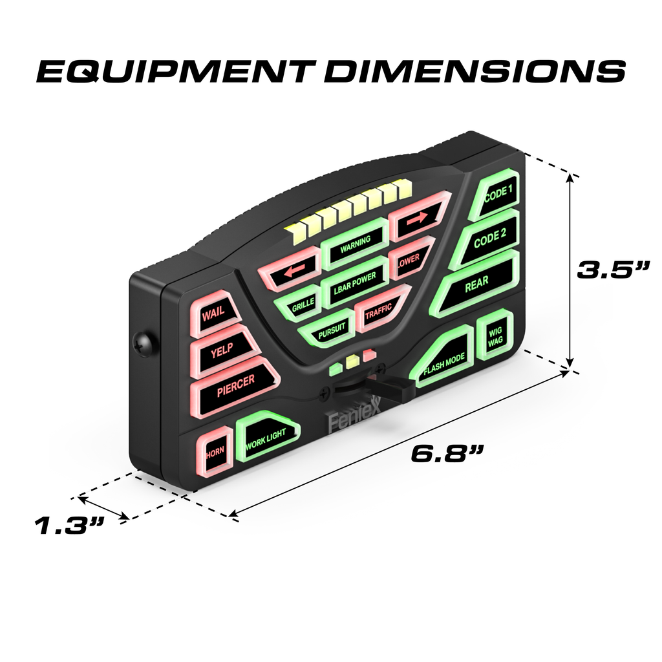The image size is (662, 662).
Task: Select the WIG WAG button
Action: coord(495,336)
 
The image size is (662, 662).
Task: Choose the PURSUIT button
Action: coord(332,330)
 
